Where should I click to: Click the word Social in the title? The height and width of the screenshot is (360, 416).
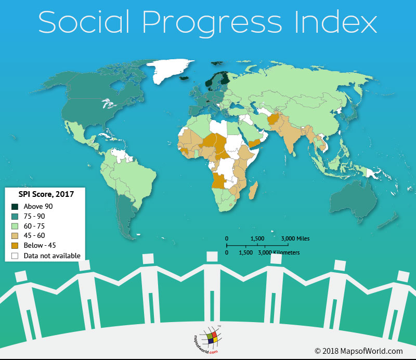point(86,23)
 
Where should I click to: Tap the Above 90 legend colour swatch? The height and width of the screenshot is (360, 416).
point(15,206)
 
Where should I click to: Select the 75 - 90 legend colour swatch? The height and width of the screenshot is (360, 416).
point(15,216)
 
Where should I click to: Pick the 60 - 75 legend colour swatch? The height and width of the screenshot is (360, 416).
point(15,226)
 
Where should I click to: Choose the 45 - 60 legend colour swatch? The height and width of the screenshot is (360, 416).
point(15,236)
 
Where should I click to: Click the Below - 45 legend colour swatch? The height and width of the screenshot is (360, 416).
point(15,246)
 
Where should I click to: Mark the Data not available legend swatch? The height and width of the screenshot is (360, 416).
point(15,256)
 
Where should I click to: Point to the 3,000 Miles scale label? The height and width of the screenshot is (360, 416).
point(295,238)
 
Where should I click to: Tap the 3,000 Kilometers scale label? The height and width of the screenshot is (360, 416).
point(279,252)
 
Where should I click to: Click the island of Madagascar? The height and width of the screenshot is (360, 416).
point(254,190)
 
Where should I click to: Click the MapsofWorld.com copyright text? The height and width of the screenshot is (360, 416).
point(358,351)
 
